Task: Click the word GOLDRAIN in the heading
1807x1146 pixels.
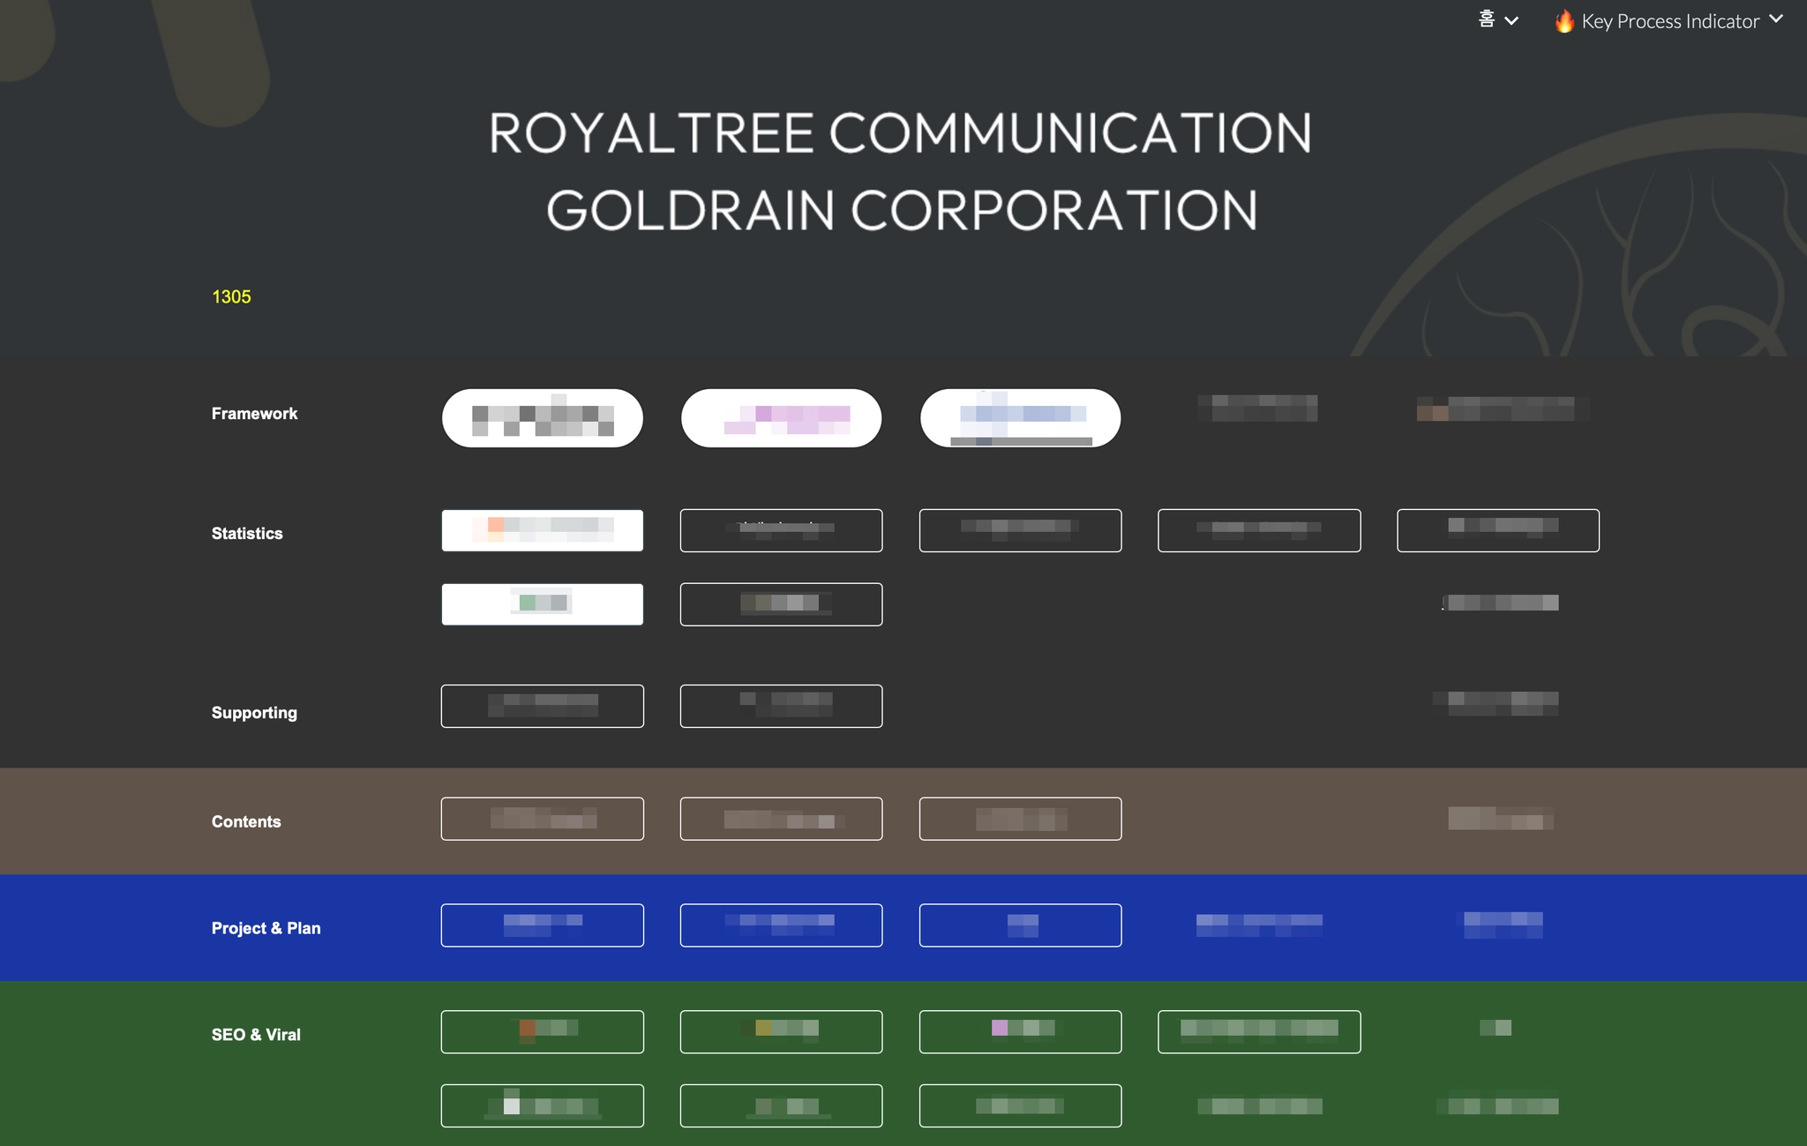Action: tap(690, 211)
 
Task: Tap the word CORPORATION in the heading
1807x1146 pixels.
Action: tap(1053, 211)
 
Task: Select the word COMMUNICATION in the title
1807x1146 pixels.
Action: tap(1069, 133)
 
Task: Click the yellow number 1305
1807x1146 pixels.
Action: tap(231, 297)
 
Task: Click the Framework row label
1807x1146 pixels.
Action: tap(254, 414)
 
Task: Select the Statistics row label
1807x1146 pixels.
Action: tap(247, 534)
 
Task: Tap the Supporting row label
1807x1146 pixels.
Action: tap(254, 713)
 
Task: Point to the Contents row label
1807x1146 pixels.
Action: tap(246, 822)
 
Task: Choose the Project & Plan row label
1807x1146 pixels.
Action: tap(266, 928)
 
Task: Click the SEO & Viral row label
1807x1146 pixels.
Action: tap(256, 1035)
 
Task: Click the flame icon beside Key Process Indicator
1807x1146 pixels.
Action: tap(1564, 21)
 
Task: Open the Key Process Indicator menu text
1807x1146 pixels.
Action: tap(1670, 21)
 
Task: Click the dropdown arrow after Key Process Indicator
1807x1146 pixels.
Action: tap(1776, 19)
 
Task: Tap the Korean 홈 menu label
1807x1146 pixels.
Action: tap(1487, 19)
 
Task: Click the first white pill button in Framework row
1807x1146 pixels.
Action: tap(542, 418)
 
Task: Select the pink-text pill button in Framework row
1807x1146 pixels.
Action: tap(781, 418)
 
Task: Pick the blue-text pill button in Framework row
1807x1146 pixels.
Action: tap(1020, 418)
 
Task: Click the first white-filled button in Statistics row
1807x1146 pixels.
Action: tap(542, 530)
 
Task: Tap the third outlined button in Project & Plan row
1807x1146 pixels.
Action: tap(1020, 925)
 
